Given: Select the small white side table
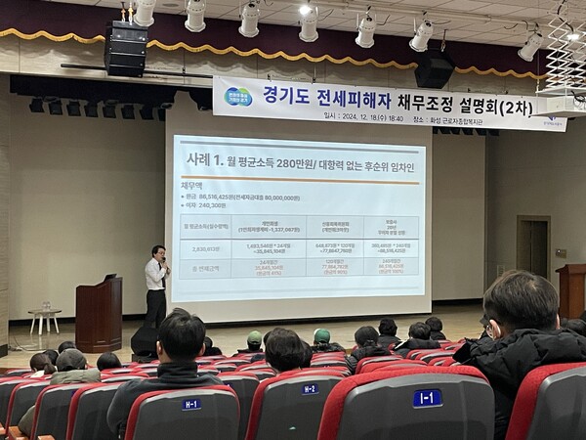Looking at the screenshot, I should click(44, 323).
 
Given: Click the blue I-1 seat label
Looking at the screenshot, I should click(427, 398).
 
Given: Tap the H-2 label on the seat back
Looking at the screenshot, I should click(309, 389).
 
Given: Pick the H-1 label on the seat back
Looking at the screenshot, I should click(191, 404).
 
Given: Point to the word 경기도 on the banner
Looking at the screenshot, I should click(283, 96).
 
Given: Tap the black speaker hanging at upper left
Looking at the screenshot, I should click(126, 49).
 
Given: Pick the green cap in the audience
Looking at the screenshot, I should click(322, 335).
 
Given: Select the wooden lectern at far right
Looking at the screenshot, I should click(571, 290).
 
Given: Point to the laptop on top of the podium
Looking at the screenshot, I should click(109, 278).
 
